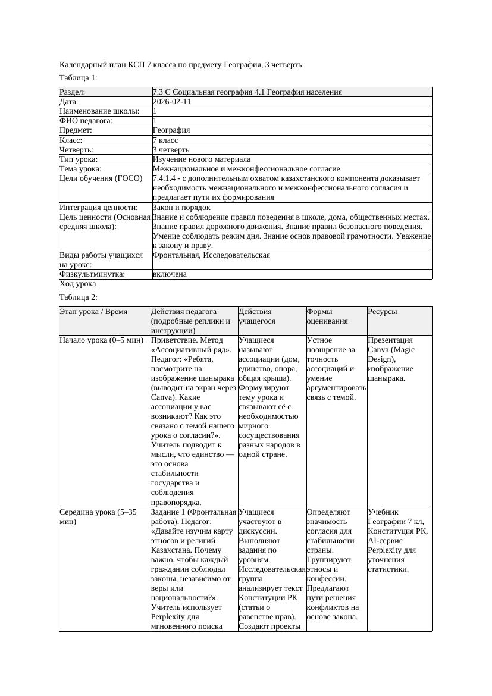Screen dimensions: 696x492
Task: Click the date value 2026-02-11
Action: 172,102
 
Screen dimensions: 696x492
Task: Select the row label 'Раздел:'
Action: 73,92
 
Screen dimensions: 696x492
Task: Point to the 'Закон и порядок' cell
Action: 181,208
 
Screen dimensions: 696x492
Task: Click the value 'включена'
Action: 170,274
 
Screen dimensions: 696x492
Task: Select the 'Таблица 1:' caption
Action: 79,78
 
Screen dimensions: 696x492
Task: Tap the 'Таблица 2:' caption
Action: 79,297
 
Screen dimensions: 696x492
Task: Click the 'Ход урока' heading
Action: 78,284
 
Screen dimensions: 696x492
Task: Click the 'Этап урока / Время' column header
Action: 94,312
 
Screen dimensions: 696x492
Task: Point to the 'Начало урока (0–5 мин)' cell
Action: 102,340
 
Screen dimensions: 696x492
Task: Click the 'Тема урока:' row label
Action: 80,169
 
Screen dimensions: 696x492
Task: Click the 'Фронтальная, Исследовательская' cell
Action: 211,255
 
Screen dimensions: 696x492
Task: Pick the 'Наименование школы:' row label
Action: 99,111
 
